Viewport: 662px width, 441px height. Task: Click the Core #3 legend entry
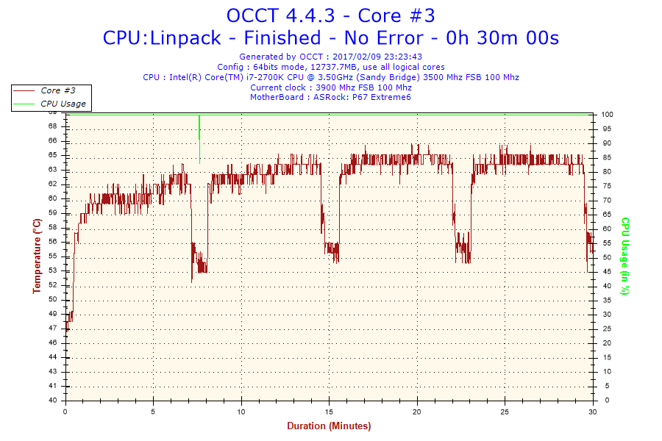click(57, 90)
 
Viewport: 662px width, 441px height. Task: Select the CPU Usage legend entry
click(63, 104)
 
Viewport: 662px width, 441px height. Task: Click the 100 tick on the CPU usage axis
click(608, 115)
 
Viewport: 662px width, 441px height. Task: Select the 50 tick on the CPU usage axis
click(606, 257)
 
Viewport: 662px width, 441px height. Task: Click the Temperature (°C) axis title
click(37, 257)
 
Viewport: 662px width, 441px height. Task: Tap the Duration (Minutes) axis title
click(329, 426)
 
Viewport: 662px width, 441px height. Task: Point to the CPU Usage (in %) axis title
click(625, 257)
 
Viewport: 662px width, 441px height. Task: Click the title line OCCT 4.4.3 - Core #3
click(330, 15)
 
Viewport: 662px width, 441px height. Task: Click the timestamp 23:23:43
click(399, 57)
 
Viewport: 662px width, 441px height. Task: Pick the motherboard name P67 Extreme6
click(382, 97)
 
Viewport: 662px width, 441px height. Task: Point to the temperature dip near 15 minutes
click(332, 251)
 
